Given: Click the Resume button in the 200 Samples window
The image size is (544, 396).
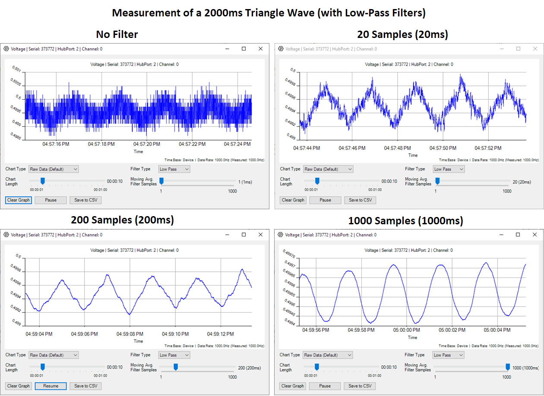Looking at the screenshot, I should (51, 386).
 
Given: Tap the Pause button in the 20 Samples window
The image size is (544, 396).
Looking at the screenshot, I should (325, 200).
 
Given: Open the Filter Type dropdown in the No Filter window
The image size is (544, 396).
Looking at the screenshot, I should (174, 169).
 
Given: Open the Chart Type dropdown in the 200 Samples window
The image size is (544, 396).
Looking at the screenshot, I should (54, 355).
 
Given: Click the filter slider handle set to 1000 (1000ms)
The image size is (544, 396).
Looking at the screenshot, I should (508, 367).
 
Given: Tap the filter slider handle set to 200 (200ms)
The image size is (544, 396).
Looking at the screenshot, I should (176, 367).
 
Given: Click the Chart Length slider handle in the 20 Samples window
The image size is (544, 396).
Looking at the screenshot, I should (317, 181).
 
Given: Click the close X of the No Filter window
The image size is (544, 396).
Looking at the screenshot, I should (260, 49).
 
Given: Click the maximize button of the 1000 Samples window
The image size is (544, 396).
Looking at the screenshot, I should (518, 235).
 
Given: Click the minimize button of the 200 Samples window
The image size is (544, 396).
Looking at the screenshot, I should (227, 235).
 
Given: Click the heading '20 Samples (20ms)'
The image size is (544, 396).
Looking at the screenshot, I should (402, 35).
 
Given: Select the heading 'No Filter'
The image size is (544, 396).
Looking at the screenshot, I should (117, 35).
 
